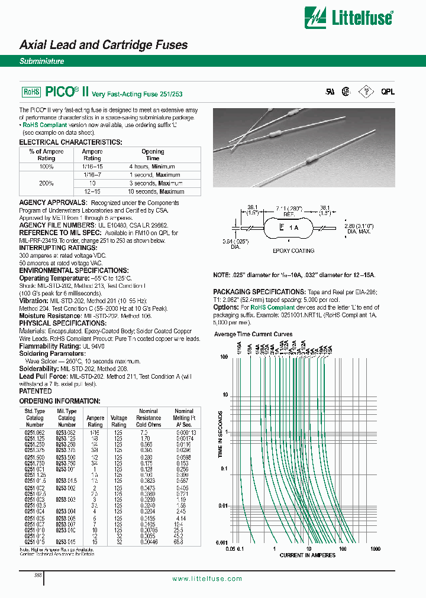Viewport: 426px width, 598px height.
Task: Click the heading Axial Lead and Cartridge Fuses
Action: point(104,45)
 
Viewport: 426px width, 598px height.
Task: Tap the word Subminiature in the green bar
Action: point(42,61)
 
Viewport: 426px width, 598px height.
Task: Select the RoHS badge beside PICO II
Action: point(31,92)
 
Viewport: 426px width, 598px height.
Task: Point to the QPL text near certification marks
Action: point(388,92)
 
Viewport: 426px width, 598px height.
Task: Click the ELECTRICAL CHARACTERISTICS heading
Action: point(71,142)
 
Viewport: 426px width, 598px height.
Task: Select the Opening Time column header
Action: point(153,155)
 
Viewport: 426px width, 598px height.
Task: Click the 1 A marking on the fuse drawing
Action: point(294,227)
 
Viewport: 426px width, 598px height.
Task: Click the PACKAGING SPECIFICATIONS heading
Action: point(259,292)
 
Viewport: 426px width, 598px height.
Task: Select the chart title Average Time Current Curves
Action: point(253,334)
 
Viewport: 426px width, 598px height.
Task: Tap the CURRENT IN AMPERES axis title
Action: point(307,555)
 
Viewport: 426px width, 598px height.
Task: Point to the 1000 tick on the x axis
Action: point(375,548)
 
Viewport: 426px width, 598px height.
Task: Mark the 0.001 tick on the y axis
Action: point(222,542)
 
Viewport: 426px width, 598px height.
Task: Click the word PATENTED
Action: point(35,391)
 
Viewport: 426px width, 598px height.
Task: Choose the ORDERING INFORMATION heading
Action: point(60,401)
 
